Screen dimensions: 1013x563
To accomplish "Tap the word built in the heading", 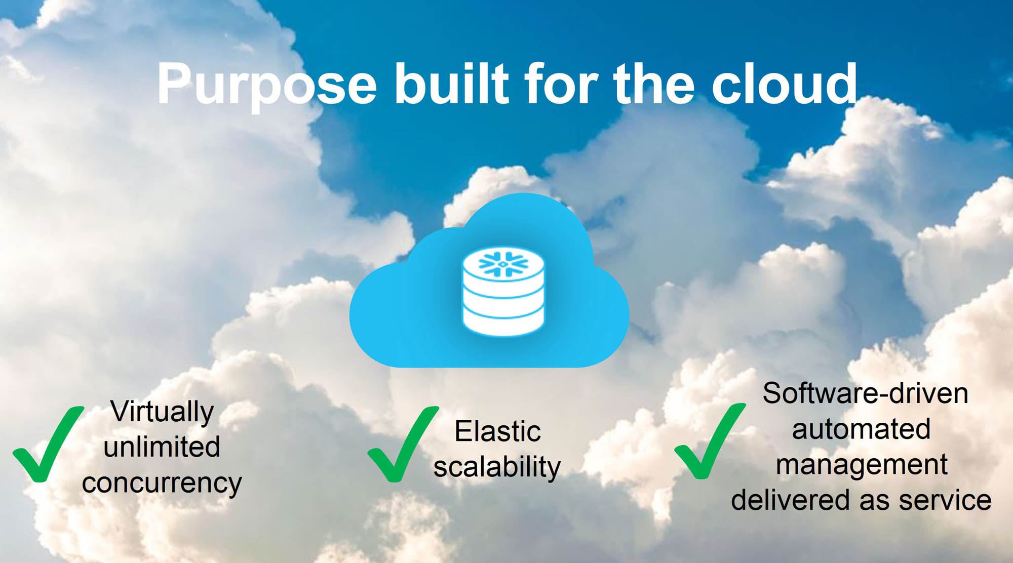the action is point(451,84).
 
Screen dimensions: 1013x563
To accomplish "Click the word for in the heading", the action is point(561,84).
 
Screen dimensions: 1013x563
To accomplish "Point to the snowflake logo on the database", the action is point(503,264).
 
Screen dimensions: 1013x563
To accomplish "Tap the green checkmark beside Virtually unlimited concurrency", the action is point(48,444).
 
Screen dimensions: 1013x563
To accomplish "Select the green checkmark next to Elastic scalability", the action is point(403,444).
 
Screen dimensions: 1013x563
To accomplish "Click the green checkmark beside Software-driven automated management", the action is point(710,441).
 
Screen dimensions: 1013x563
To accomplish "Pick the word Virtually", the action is point(162,411).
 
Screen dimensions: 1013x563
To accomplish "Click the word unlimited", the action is point(162,447).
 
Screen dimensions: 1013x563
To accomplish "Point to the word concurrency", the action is point(162,483).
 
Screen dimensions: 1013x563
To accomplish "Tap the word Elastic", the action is point(497,431).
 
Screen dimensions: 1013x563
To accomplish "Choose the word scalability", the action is point(497,467).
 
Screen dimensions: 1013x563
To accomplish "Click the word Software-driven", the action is point(865,393).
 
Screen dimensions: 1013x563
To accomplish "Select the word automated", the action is point(861,429).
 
